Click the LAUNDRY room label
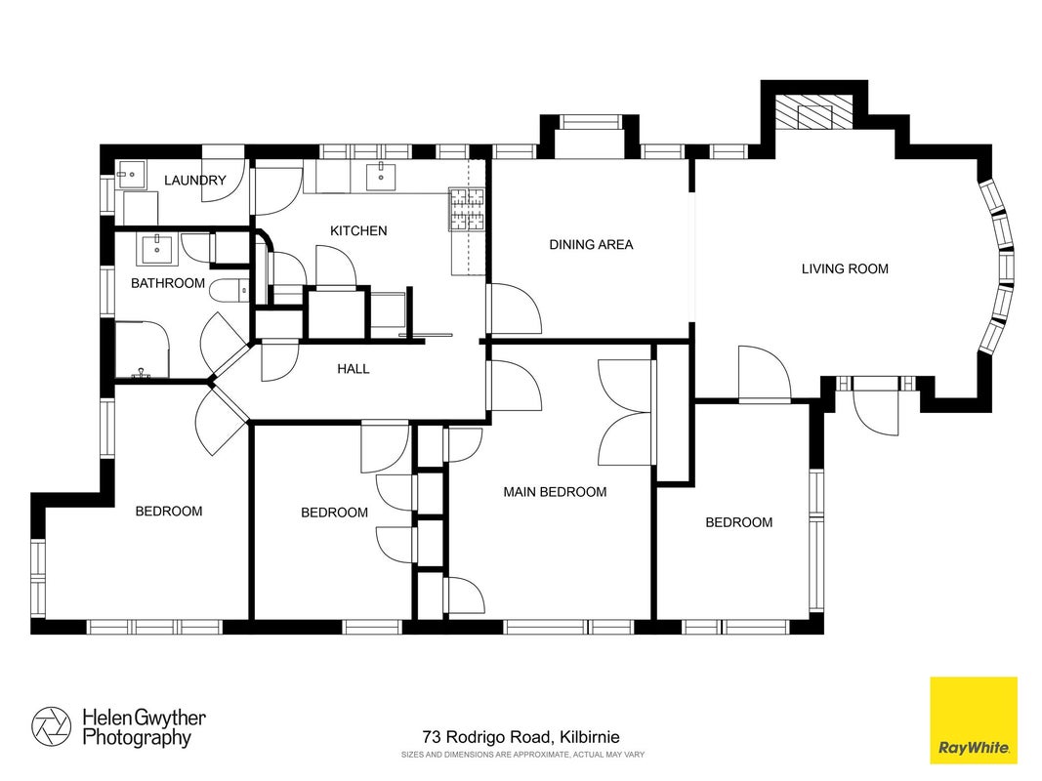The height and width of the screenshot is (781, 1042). (194, 180)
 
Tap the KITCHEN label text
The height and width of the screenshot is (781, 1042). (358, 230)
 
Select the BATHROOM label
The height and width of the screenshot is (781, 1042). (167, 283)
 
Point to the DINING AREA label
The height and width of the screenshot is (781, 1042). (591, 244)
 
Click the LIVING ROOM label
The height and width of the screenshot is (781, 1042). (845, 269)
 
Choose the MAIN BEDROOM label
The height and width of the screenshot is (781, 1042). (555, 492)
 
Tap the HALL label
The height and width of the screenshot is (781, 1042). (353, 369)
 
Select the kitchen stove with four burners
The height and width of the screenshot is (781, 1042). (468, 209)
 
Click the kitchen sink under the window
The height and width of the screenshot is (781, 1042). (381, 176)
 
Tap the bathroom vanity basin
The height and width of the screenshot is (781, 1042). (157, 248)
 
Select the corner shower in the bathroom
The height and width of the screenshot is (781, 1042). (143, 349)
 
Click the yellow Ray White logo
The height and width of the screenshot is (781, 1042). (973, 719)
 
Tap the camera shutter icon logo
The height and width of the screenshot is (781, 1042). (51, 726)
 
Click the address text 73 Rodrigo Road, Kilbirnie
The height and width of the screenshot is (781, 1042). (521, 737)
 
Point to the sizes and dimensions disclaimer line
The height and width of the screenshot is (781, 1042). (522, 755)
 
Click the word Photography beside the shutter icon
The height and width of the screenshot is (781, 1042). (137, 738)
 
